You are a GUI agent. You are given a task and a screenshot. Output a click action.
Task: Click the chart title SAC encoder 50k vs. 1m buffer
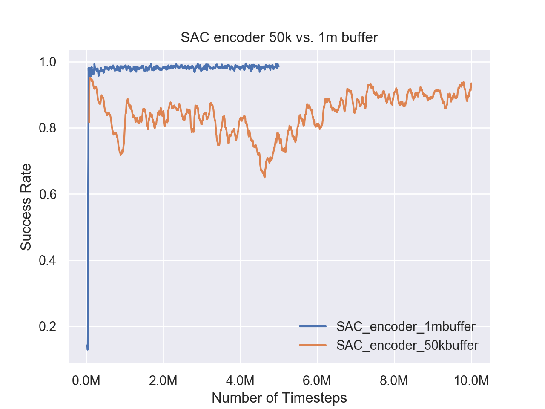(x=279, y=38)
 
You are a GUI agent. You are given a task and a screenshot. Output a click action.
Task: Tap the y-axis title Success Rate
(x=26, y=207)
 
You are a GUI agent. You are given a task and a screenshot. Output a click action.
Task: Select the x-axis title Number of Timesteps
(x=279, y=398)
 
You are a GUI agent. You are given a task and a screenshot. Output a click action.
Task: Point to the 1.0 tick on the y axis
(x=48, y=62)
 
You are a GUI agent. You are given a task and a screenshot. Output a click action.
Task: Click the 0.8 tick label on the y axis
(x=48, y=128)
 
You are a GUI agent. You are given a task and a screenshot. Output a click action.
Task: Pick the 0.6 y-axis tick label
(x=48, y=194)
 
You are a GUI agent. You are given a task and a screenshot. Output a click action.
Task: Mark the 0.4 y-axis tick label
(x=48, y=260)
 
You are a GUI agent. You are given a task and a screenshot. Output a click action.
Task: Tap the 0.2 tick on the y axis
(x=48, y=327)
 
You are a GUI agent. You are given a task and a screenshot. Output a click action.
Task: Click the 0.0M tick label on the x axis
(x=86, y=380)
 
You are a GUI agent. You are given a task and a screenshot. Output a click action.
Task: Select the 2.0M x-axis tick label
(x=163, y=380)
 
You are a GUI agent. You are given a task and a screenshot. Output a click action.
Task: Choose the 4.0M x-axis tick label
(x=241, y=380)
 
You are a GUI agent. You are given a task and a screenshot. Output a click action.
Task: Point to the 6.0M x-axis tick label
(x=317, y=380)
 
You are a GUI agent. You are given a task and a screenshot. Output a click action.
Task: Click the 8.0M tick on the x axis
(x=394, y=380)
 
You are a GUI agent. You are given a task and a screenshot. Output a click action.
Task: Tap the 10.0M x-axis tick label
(x=471, y=380)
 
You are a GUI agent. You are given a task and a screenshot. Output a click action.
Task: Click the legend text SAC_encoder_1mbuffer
(x=406, y=327)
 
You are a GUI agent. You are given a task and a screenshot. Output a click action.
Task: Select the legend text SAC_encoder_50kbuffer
(x=407, y=345)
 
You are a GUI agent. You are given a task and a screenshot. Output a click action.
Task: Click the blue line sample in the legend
(x=313, y=327)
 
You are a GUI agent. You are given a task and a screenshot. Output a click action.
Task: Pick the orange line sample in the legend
(x=313, y=345)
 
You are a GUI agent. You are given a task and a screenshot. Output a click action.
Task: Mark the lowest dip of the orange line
(x=264, y=177)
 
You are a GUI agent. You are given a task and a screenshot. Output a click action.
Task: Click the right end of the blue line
(x=279, y=66)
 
